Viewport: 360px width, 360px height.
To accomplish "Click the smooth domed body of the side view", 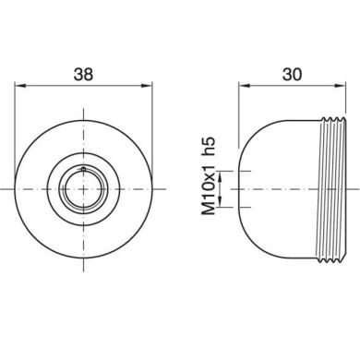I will click(272, 189).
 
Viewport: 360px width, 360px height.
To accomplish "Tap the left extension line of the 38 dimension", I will click(18, 102).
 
